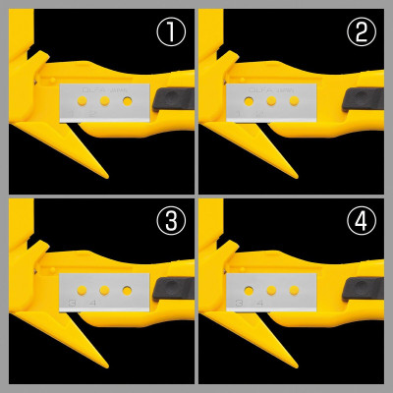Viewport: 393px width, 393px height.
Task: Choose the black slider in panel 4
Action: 362,288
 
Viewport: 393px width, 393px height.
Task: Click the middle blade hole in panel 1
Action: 104,100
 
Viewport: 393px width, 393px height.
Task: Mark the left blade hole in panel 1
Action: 84,100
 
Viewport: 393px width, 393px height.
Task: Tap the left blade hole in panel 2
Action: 249,100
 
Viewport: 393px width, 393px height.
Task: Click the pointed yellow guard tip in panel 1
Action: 104,176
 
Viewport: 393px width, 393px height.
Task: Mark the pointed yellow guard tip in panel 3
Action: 104,366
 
